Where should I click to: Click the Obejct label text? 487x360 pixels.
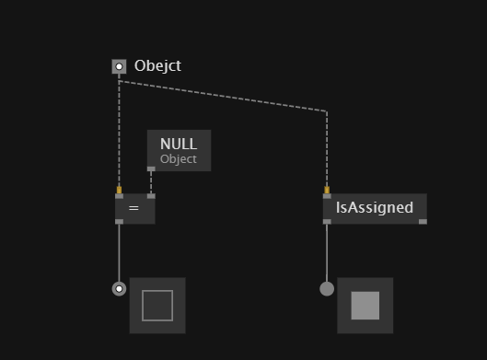tap(157, 66)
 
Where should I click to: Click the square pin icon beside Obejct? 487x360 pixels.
tap(119, 66)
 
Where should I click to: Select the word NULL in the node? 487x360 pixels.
tap(179, 144)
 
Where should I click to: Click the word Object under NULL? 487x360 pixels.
tap(179, 159)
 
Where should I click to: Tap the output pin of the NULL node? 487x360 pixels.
tap(151, 169)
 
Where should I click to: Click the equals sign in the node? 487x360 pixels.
tap(133, 208)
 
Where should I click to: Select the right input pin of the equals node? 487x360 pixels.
tap(151, 196)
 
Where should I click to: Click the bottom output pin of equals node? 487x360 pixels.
tap(120, 222)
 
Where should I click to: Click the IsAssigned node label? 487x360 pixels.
tap(375, 207)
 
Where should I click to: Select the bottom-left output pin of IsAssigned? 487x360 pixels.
tap(327, 222)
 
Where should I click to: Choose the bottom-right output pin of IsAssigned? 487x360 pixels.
tap(423, 222)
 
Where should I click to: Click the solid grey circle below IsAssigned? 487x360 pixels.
tap(327, 289)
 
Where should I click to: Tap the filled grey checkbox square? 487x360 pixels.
tap(365, 306)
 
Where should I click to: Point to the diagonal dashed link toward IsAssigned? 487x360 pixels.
tap(223, 96)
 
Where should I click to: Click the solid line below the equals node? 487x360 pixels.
tap(120, 253)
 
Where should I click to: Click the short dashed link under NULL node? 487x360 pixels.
tap(151, 182)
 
